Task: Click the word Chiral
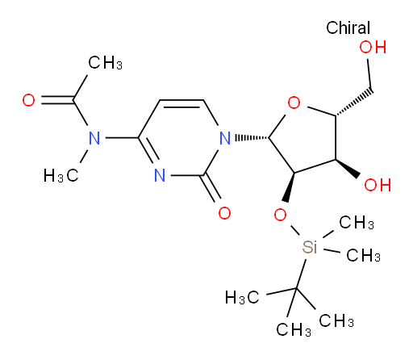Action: click(348, 27)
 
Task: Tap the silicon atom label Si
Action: click(310, 247)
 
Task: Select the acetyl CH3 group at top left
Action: click(105, 63)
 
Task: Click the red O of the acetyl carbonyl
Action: click(28, 100)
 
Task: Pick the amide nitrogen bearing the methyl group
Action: click(94, 138)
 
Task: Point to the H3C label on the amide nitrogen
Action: click(60, 176)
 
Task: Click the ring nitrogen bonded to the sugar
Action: click(225, 138)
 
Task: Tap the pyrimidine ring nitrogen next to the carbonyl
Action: click(160, 175)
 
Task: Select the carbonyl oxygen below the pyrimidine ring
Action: click(224, 213)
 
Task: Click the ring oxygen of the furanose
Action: click(294, 103)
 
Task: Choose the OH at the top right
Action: click(373, 47)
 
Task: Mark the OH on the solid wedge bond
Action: click(378, 185)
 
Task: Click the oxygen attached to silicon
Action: click(280, 215)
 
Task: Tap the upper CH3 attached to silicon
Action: click(357, 222)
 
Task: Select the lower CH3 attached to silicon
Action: click(363, 255)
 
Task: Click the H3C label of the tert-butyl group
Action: click(242, 297)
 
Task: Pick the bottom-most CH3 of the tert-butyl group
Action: click(294, 329)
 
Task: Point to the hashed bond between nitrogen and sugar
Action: click(252, 138)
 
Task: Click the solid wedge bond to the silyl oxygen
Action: click(290, 187)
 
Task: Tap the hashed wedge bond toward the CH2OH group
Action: click(354, 103)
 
